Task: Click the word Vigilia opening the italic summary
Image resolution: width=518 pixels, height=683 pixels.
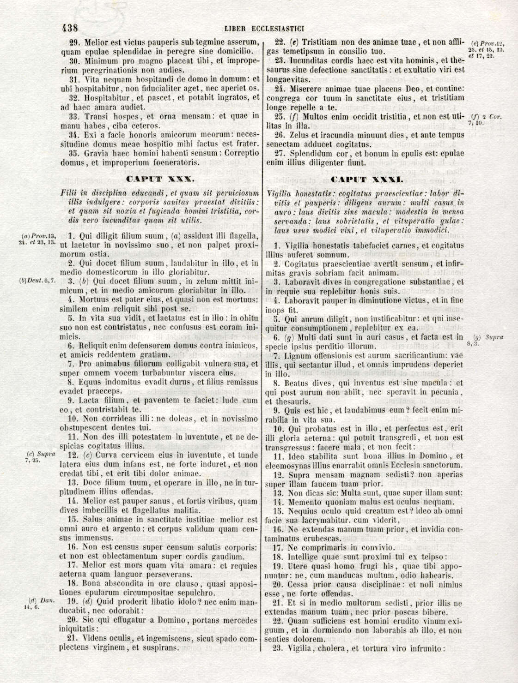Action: pyautogui.click(x=280, y=192)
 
